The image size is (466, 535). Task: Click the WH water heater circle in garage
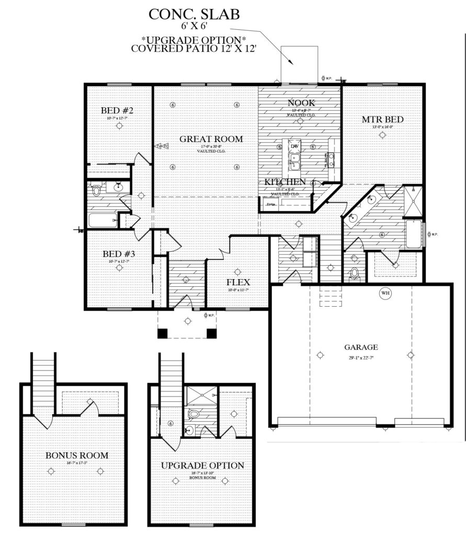pos(385,293)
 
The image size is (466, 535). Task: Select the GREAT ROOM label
pos(211,139)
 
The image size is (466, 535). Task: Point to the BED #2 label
pos(118,111)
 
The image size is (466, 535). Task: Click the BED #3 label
pos(119,254)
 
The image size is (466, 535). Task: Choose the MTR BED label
pos(382,120)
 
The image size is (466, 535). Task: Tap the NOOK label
pos(301,103)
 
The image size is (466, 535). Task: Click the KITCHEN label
pos(285,182)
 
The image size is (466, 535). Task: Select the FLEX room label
pos(237,282)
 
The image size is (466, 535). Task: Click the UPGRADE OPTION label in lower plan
pos(202,465)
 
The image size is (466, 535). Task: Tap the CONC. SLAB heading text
pos(194,14)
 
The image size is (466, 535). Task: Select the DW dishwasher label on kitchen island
pos(294,146)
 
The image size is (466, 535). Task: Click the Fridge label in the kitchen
pos(271,204)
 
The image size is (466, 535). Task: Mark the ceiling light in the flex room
pos(238,271)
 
